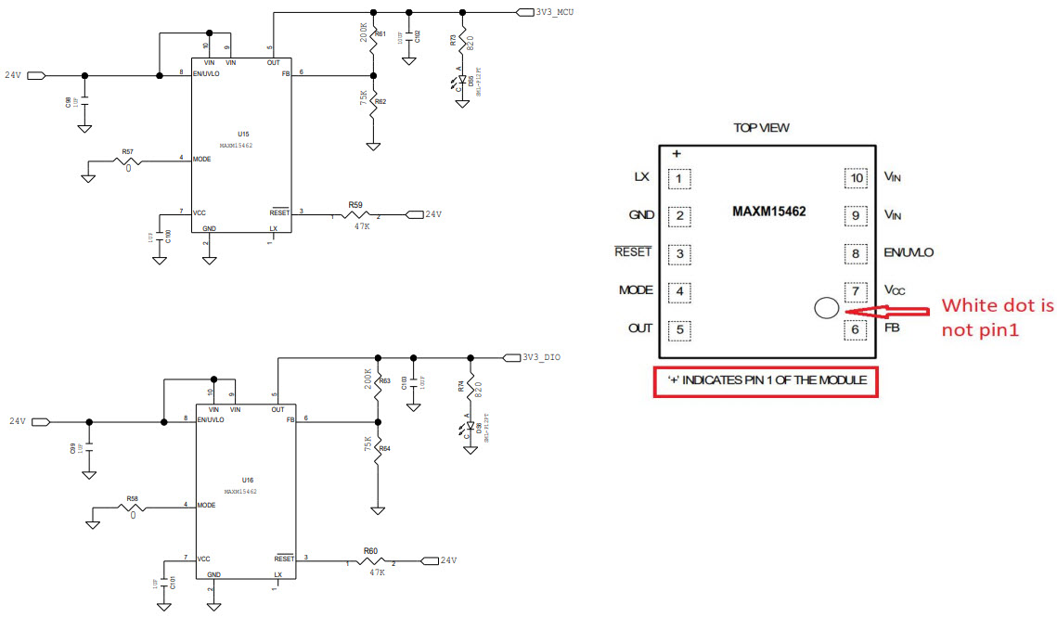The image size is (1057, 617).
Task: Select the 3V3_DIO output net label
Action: pyautogui.click(x=541, y=357)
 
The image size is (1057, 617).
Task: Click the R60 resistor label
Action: pyautogui.click(x=370, y=551)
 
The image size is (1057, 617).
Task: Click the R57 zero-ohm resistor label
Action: pyautogui.click(x=128, y=151)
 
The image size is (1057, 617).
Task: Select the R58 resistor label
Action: pyautogui.click(x=132, y=498)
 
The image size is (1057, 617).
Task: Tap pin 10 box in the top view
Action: pyautogui.click(x=856, y=178)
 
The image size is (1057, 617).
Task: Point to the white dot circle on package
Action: pyautogui.click(x=826, y=308)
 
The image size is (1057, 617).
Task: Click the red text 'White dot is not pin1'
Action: pyautogui.click(x=997, y=316)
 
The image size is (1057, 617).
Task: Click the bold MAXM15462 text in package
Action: pyautogui.click(x=768, y=212)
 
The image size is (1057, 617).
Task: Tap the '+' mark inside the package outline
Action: pyautogui.click(x=677, y=154)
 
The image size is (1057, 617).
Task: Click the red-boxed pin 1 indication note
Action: pyautogui.click(x=766, y=381)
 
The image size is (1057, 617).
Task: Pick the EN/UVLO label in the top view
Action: pyautogui.click(x=909, y=252)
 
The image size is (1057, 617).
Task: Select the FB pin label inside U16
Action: pyautogui.click(x=290, y=418)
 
